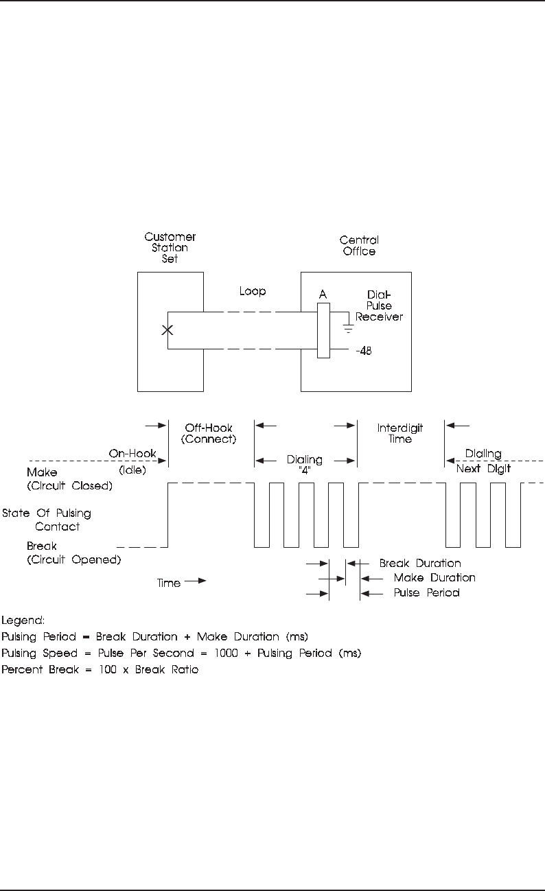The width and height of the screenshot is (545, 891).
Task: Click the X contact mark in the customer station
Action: (x=167, y=330)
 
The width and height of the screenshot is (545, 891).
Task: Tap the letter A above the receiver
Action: (x=323, y=294)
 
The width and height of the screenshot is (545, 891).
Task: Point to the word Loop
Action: (x=253, y=291)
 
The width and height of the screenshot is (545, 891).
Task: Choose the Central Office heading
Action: (x=359, y=246)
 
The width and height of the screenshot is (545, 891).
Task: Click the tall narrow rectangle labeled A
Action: (x=324, y=329)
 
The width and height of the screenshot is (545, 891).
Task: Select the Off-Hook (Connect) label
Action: (x=209, y=433)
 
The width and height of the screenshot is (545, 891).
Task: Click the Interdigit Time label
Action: (x=400, y=433)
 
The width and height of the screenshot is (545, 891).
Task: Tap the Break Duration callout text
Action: (x=419, y=563)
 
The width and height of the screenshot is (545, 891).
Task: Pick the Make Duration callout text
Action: (x=434, y=577)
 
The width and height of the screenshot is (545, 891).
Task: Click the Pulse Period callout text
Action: (x=426, y=592)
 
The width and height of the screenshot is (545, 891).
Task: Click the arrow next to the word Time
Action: (x=195, y=581)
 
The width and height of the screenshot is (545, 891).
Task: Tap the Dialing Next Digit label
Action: (x=483, y=461)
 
